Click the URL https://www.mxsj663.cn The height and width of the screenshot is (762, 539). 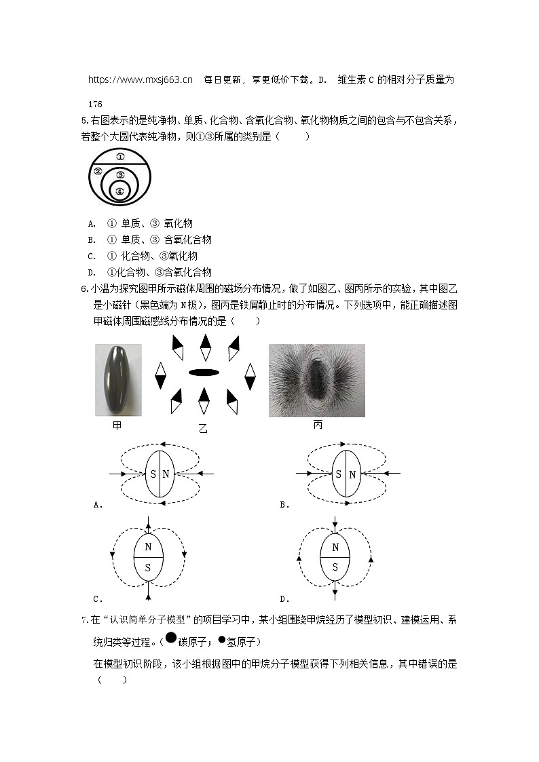[140, 79]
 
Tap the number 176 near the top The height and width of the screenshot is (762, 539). [95, 104]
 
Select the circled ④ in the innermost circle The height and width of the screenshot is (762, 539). [119, 191]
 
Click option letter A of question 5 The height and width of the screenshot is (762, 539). [91, 223]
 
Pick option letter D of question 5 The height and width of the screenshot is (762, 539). [91, 272]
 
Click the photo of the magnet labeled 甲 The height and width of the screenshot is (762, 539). [118, 379]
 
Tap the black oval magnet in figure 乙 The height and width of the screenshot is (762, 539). [204, 372]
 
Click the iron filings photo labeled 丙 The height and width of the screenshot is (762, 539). [316, 380]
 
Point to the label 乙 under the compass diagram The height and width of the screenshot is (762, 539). [203, 428]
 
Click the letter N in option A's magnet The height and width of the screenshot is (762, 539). [166, 474]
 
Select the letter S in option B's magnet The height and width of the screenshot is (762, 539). [338, 474]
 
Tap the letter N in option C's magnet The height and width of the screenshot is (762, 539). [148, 548]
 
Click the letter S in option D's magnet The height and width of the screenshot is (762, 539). [335, 568]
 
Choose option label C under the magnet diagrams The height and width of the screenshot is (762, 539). [97, 599]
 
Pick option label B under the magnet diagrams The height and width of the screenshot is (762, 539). [284, 505]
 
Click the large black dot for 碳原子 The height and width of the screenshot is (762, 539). [170, 638]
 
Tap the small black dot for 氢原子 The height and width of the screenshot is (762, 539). [221, 639]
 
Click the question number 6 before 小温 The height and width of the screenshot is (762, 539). [83, 288]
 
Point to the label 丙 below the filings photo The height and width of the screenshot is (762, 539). [318, 425]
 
